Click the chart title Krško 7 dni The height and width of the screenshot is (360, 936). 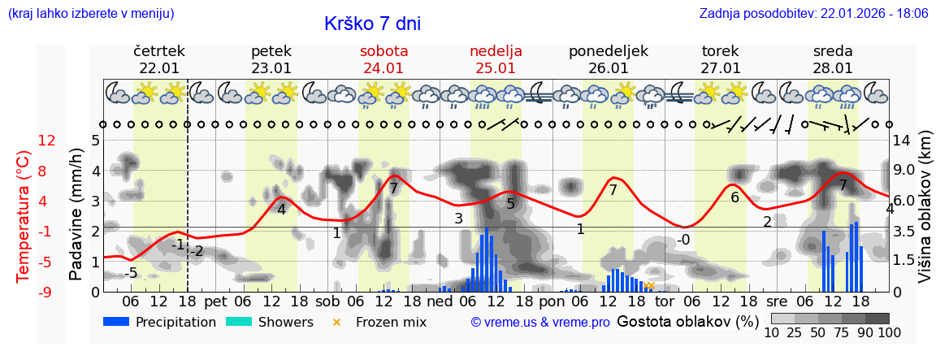(372, 24)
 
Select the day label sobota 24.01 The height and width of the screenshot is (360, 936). (383, 59)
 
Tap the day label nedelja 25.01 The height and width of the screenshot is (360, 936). (496, 59)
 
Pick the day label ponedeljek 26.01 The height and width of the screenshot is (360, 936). (609, 59)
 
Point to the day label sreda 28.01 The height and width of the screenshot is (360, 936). (833, 59)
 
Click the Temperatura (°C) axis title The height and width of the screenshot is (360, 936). (24, 216)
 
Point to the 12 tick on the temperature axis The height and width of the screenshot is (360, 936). (46, 141)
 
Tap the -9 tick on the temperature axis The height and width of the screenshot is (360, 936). (46, 291)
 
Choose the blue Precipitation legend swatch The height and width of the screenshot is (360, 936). (116, 322)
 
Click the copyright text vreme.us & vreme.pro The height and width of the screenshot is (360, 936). (540, 323)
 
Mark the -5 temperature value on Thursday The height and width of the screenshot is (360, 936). (130, 272)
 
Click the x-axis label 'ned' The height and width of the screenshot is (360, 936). (440, 301)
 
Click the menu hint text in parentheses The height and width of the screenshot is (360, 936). (90, 14)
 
